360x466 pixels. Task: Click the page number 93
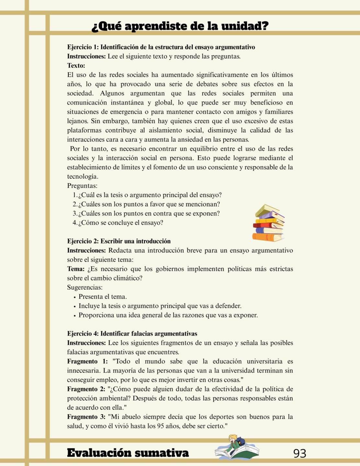299,453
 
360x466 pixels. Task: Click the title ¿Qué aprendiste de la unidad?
180,26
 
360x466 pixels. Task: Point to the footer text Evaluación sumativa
128,453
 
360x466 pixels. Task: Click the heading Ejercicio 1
161,47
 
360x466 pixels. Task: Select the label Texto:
76,66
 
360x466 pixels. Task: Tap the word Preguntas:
82,186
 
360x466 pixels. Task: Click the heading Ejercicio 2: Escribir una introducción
119,241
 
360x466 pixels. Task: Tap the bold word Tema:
76,269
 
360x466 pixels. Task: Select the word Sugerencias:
85,287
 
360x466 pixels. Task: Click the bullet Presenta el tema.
103,297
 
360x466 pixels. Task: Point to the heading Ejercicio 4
132,334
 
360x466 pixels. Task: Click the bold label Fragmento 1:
87,361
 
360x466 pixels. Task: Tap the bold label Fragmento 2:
86,389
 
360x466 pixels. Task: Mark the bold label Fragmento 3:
86,417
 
